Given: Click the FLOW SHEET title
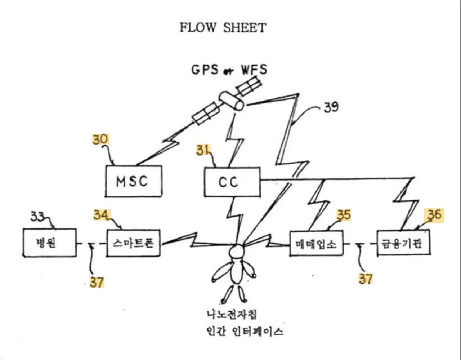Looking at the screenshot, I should (223, 28).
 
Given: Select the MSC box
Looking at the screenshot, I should (133, 181).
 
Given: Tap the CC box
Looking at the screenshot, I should (232, 182).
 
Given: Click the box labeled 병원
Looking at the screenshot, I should (49, 243).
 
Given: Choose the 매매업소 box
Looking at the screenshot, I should (316, 244).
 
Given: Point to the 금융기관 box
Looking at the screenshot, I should (403, 244).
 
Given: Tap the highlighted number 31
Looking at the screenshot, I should (203, 150).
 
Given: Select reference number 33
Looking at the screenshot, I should (37, 217).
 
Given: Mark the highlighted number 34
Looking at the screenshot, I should (102, 215).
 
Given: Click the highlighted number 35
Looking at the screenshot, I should (344, 215).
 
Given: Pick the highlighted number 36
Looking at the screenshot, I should (434, 215).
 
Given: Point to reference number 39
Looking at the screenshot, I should (331, 107).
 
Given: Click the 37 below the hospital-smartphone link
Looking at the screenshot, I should (97, 282).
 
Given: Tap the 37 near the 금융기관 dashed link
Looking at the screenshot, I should (365, 279).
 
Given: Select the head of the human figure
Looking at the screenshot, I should (237, 251).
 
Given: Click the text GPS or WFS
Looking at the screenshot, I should (229, 70).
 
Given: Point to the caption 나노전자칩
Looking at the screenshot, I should (232, 314).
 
